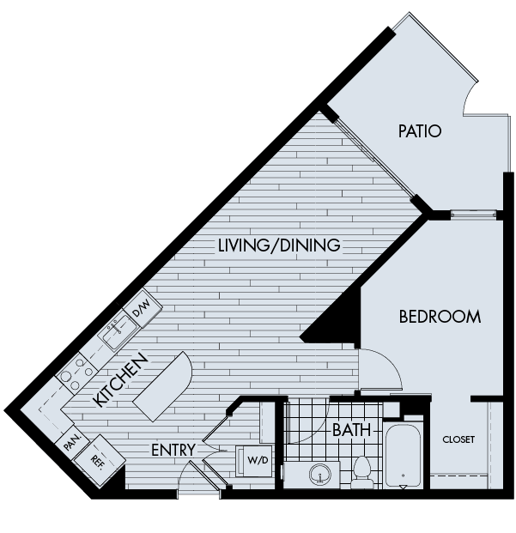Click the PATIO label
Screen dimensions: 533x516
[x=420, y=131]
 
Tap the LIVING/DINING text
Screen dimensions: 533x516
[x=278, y=245]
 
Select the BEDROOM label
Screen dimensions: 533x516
[x=440, y=317]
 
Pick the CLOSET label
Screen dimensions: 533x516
[x=458, y=439]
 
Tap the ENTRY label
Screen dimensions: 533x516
[x=173, y=450]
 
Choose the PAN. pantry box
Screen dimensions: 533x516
[x=72, y=443]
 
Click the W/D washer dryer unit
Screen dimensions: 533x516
[x=256, y=459]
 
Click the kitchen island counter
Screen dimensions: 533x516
[x=163, y=386]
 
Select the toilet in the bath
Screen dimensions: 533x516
[x=361, y=470]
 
